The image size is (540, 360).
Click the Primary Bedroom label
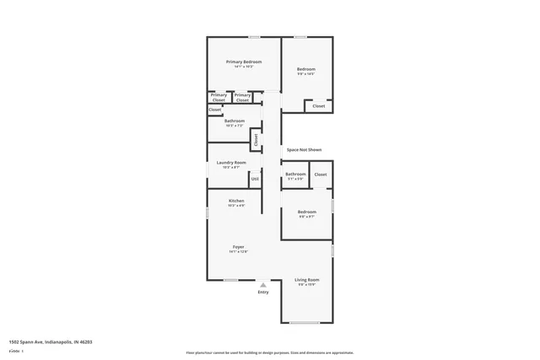[x=243, y=62]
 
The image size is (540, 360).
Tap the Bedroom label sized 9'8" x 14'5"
[x=305, y=68]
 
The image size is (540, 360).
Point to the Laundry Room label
[x=231, y=162]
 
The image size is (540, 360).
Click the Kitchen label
[x=236, y=200]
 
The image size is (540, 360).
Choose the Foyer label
[x=238, y=246]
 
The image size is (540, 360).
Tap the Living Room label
[x=306, y=279]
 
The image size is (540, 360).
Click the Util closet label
[x=255, y=179]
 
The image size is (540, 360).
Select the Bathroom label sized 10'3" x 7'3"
[x=235, y=121]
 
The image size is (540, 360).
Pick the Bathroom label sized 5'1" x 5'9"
[x=295, y=174]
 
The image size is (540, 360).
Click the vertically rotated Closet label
[x=255, y=139]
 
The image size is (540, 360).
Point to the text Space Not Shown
[x=304, y=149]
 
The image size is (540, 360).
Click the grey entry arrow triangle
[x=263, y=285]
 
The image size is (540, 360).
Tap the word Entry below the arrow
[x=263, y=293]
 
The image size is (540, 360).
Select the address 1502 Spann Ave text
[x=51, y=341]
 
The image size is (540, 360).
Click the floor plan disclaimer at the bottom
[x=270, y=352]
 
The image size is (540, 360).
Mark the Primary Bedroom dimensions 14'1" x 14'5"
[x=243, y=67]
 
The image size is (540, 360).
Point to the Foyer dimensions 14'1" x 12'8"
[x=238, y=251]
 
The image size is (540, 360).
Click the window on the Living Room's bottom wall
[x=305, y=322]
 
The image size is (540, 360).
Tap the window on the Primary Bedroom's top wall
[x=254, y=37]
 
